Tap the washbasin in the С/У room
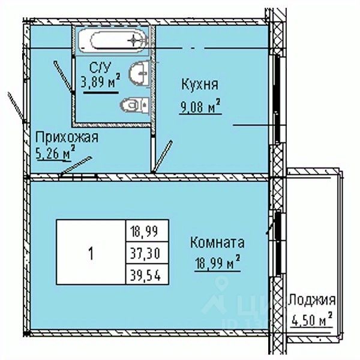pyautogui.click(x=139, y=73)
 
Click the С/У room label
pyautogui.click(x=99, y=65)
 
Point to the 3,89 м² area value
pyautogui.click(x=100, y=81)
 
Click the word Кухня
pyautogui.click(x=198, y=84)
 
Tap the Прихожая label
pyautogui.click(x=66, y=137)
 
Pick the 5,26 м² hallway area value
pyautogui.click(x=55, y=154)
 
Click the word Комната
pyautogui.click(x=217, y=243)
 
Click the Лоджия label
pyautogui.click(x=311, y=300)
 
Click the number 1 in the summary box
pyautogui.click(x=91, y=253)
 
